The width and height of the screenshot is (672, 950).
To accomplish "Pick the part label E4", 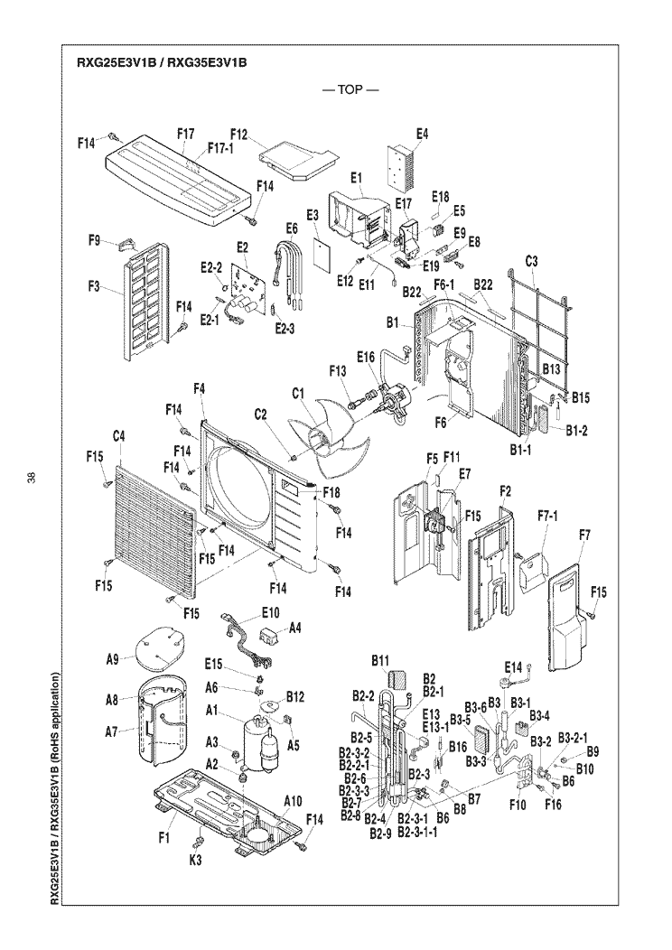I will pyautogui.click(x=422, y=135).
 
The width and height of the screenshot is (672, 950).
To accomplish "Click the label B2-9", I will pyautogui.click(x=381, y=834).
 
